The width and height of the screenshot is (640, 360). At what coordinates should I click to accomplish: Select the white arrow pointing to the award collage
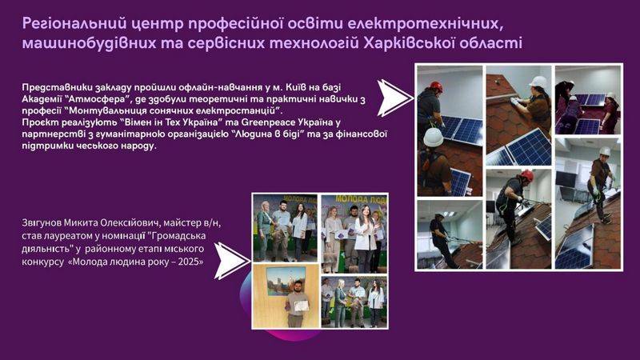pyautogui.click(x=231, y=261)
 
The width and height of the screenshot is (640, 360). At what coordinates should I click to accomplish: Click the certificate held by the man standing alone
pyautogui.click(x=301, y=306)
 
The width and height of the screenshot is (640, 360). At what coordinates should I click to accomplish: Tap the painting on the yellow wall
pyautogui.click(x=286, y=282)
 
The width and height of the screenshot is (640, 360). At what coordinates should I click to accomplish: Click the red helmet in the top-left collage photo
pyautogui.click(x=436, y=86)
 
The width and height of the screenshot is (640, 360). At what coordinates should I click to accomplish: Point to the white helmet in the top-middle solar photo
pyautogui.click(x=538, y=83)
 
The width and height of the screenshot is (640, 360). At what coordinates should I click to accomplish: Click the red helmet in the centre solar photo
pyautogui.click(x=526, y=175)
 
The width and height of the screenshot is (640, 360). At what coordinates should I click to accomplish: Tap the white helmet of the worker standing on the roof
pyautogui.click(x=605, y=151)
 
